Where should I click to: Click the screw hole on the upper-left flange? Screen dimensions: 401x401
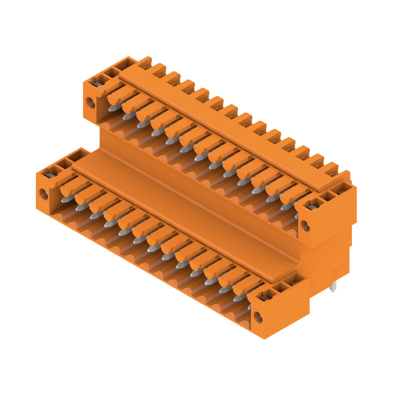coord(90,103)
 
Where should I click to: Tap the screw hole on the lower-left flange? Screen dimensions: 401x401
coord(44,193)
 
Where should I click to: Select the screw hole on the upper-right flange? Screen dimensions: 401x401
coord(305,226)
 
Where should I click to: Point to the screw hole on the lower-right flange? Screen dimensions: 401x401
coord(258,317)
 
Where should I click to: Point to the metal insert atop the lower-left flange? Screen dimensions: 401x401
coord(50,174)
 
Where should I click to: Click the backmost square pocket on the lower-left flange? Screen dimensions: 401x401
coord(79,155)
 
